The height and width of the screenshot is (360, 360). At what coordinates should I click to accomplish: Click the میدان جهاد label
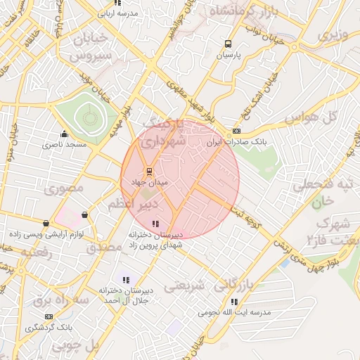click(x=150, y=182)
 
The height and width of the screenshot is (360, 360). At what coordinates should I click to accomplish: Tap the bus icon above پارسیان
click(x=227, y=43)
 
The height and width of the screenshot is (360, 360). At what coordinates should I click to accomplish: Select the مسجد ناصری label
click(x=63, y=144)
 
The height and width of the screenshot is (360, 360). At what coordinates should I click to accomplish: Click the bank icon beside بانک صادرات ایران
click(x=236, y=131)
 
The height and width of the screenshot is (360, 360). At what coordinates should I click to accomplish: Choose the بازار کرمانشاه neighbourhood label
click(x=243, y=13)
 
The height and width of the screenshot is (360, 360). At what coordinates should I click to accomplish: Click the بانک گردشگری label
click(x=49, y=328)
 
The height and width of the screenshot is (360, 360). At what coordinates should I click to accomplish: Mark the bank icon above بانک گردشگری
click(x=49, y=317)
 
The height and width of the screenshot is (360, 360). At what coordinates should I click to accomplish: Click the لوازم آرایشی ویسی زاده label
click(x=47, y=234)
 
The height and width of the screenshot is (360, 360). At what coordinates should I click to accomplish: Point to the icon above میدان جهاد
click(x=148, y=171)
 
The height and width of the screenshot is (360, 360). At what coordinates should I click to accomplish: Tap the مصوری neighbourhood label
click(x=64, y=188)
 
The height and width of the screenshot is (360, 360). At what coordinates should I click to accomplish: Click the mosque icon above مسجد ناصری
click(x=65, y=134)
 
